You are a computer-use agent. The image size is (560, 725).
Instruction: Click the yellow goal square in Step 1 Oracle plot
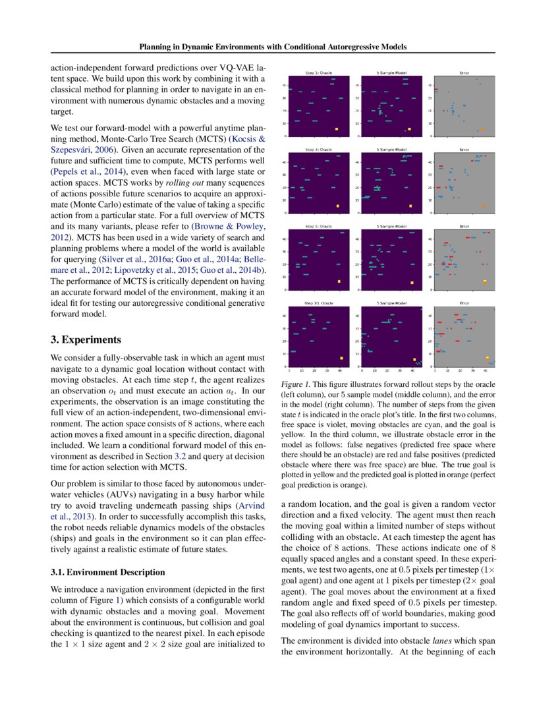337,129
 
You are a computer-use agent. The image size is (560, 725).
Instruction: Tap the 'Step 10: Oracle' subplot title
319,303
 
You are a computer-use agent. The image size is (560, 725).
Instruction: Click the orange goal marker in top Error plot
482,129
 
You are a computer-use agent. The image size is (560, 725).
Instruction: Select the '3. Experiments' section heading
86,340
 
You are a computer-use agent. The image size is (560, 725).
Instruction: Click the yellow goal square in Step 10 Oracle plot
341,359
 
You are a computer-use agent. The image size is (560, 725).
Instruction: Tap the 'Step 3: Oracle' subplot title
319,150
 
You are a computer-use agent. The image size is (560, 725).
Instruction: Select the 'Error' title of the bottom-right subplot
464,303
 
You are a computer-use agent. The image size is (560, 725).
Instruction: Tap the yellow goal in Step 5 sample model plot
412,283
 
